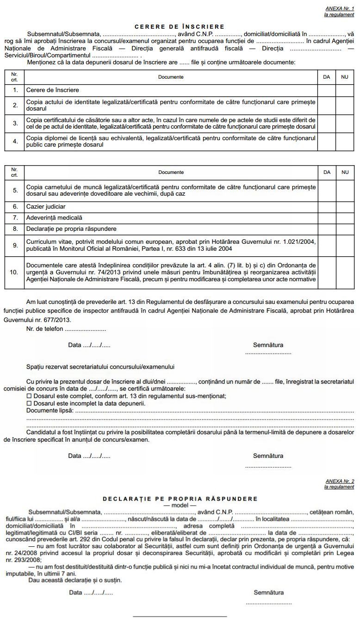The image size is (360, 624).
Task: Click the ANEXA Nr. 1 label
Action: [340, 9]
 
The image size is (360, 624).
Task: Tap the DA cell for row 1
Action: [327, 90]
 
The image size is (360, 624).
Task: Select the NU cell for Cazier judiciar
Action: [345, 206]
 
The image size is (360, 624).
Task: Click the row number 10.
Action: [14, 272]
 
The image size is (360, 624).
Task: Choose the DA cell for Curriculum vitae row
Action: [327, 245]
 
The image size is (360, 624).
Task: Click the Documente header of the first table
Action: [171, 77]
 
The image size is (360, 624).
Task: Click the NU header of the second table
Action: [345, 172]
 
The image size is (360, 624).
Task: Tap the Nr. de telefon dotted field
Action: [85, 330]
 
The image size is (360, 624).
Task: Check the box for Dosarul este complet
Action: [29, 396]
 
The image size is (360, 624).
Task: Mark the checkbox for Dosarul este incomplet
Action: [29, 403]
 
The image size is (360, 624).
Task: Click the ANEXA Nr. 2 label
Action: [340, 482]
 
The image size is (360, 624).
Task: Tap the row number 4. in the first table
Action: [15, 141]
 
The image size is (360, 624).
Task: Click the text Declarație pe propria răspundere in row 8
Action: [71, 229]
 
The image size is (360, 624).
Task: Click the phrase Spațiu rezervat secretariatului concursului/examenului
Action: [100, 367]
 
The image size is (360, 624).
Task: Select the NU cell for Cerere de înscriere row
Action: [345, 90]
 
